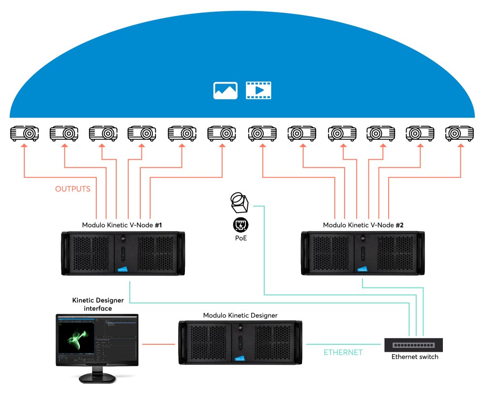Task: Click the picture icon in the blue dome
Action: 226,90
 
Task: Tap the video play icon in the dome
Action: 259,90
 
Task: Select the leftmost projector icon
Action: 25,133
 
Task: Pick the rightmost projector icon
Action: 459,133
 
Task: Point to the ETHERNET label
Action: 343,353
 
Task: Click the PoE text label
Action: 241,238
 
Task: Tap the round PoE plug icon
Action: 241,225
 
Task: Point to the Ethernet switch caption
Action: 415,357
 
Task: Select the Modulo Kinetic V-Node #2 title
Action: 363,225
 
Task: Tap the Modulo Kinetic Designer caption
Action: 241,315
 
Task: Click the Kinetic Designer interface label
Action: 92,304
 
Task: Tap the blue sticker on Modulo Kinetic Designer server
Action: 240,358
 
